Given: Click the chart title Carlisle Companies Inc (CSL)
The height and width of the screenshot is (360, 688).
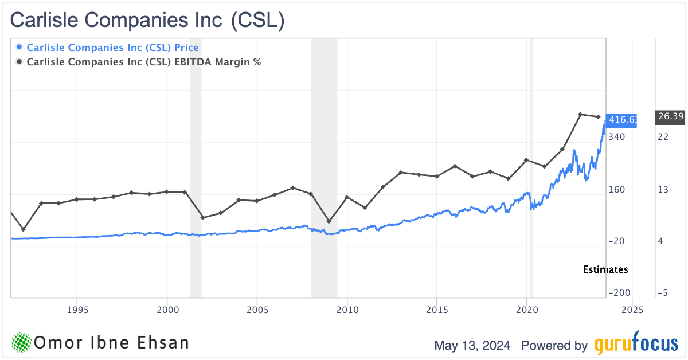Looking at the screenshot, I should click(x=148, y=20).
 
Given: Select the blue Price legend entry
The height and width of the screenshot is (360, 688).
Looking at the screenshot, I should click(x=112, y=48).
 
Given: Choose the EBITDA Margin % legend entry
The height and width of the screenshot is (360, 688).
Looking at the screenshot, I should click(x=143, y=62).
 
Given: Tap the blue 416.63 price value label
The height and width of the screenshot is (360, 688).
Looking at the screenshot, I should click(x=623, y=119).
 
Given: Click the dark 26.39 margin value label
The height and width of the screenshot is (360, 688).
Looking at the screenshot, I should click(x=670, y=117).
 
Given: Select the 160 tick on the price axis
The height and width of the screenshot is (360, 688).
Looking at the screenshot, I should click(x=617, y=189).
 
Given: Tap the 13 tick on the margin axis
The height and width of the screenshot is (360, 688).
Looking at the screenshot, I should click(x=663, y=189).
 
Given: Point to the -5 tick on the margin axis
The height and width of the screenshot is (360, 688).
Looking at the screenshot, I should click(x=663, y=293).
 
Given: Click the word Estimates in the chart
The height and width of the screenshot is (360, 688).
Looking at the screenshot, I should click(x=605, y=269).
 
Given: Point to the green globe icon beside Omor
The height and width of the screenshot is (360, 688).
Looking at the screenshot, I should click(x=21, y=343).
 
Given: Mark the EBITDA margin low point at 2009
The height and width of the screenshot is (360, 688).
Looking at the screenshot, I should click(x=329, y=221).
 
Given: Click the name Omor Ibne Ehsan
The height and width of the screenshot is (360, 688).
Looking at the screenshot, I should click(x=112, y=343).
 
